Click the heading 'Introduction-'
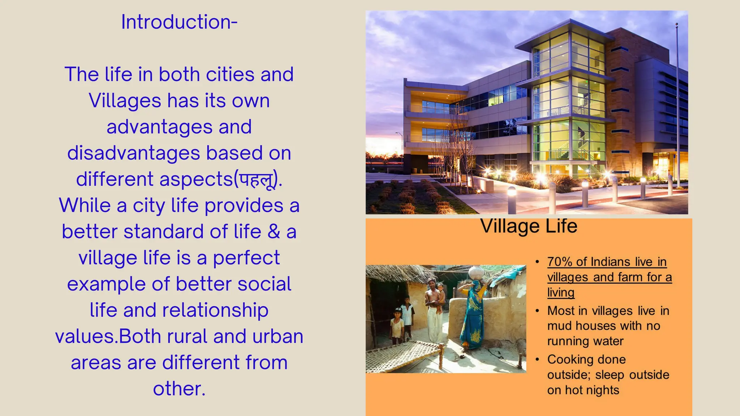coord(179,22)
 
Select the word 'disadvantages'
coord(133,153)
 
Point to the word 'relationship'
coord(215,310)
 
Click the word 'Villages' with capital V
coord(125,101)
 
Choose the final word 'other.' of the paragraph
coord(179,389)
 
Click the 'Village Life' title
coord(529,226)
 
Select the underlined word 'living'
coord(561,292)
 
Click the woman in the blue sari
coord(473,314)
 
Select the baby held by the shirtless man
coord(440,294)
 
